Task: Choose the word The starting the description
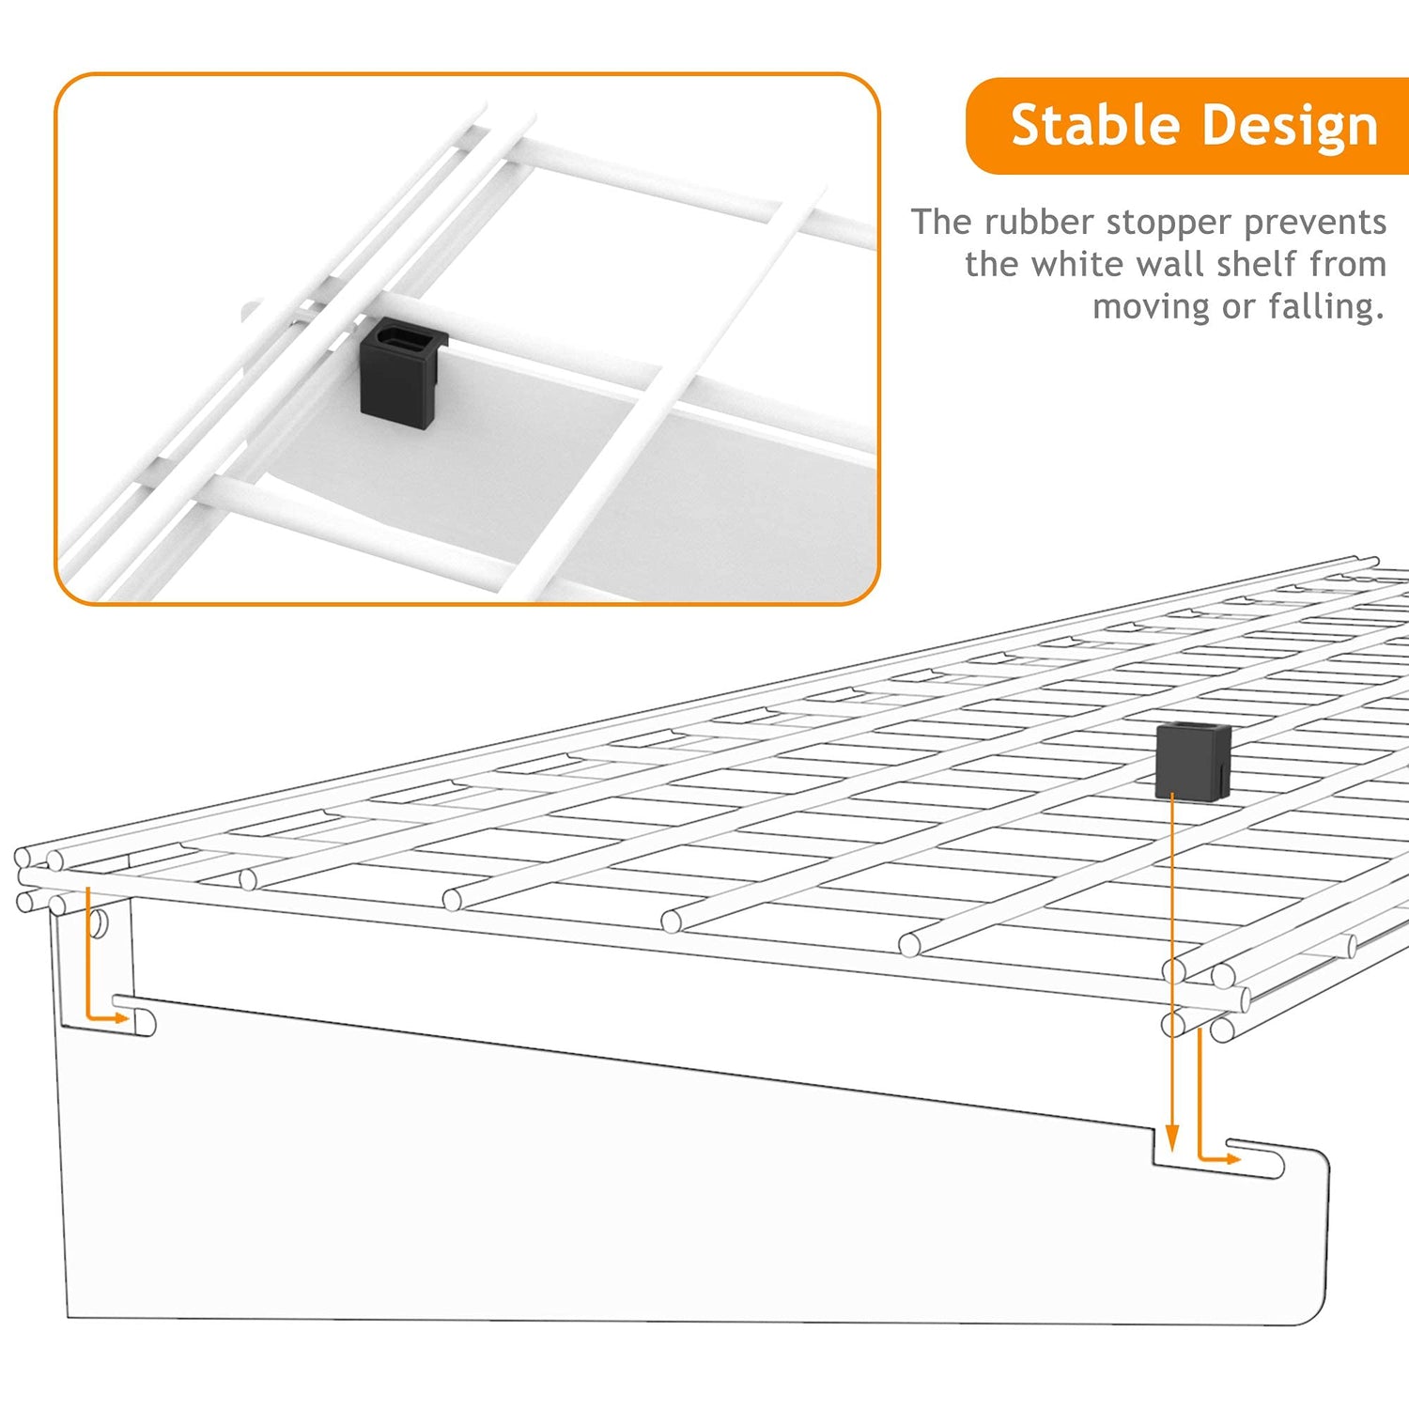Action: tap(942, 223)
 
